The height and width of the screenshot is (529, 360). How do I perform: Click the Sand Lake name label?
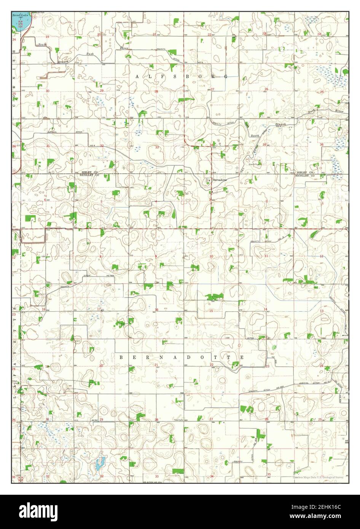coord(18,16)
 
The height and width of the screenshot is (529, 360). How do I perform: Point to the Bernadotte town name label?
coord(220,180)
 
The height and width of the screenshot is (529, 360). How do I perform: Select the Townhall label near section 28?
coord(179,420)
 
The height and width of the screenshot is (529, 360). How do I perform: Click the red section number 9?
coord(156,256)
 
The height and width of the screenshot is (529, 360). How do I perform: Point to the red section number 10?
coord(211,256)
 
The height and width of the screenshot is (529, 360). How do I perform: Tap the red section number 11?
coord(266,256)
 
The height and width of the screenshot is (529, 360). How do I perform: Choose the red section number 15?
coord(211,311)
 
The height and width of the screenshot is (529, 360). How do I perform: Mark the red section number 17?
coord(99,309)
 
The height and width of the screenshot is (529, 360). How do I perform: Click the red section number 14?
coord(266,309)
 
